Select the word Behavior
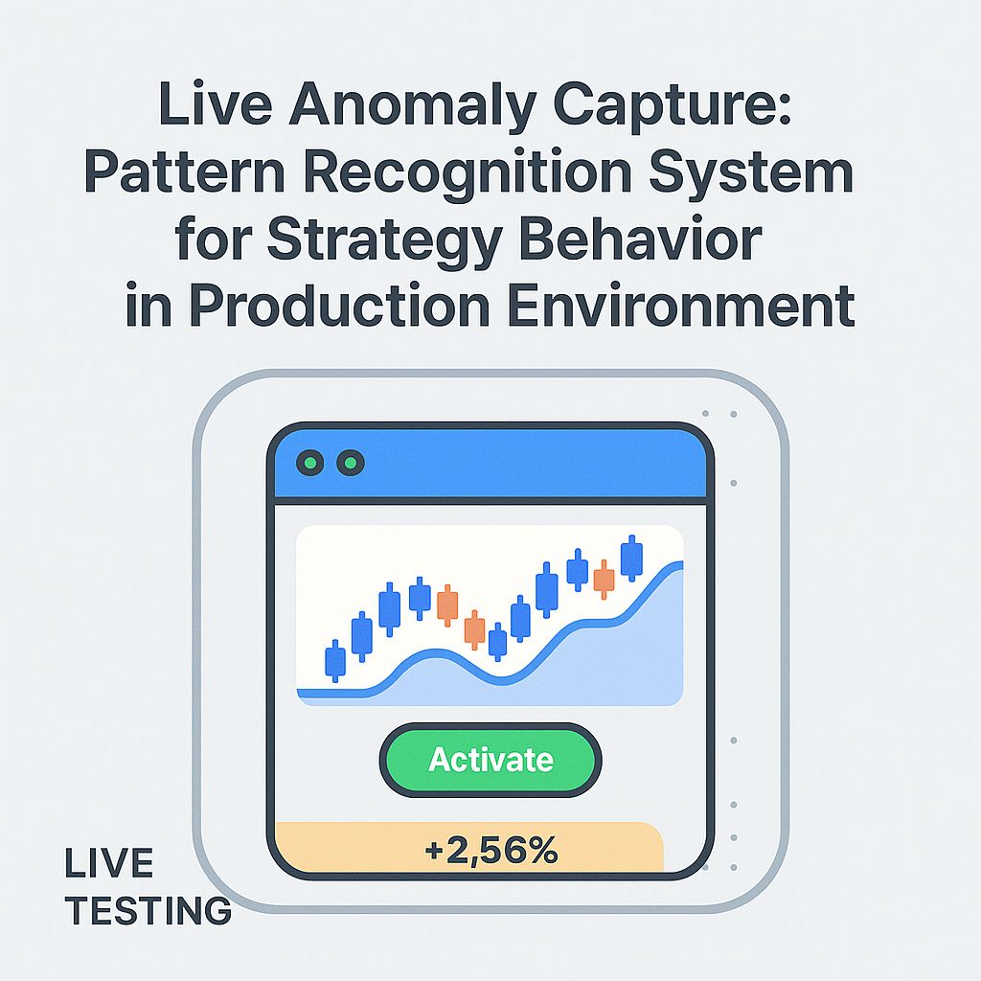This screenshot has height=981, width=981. [649, 241]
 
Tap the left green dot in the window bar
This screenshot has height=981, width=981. [309, 464]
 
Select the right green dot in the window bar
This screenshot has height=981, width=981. [351, 464]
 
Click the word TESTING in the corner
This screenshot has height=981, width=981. [148, 909]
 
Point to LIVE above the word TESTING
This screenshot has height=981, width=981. [108, 864]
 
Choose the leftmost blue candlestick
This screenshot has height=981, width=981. [335, 660]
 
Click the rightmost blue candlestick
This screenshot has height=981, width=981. [631, 558]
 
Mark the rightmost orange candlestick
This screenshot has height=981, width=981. [604, 579]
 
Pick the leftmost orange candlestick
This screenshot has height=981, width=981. [447, 605]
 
